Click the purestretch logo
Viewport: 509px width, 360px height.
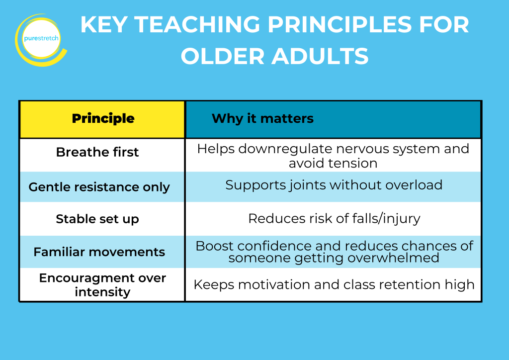(41, 40)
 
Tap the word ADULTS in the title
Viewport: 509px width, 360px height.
(320, 56)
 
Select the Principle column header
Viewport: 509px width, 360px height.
(103, 118)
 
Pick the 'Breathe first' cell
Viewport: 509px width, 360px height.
(97, 152)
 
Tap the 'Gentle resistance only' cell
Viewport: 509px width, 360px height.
(99, 187)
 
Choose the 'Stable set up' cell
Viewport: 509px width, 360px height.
(97, 219)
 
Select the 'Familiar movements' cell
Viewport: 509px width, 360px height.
(99, 252)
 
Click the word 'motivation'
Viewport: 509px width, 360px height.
(274, 285)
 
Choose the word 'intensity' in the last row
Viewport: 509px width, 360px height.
(102, 292)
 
